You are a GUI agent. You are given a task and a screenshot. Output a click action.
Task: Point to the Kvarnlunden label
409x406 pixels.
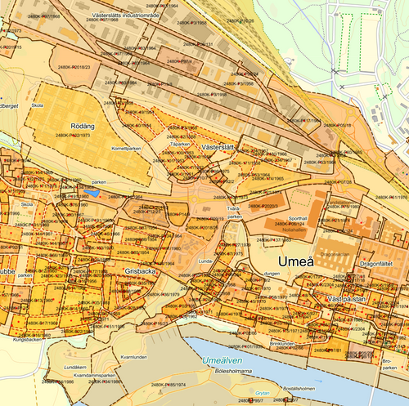click(x=133, y=357)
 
